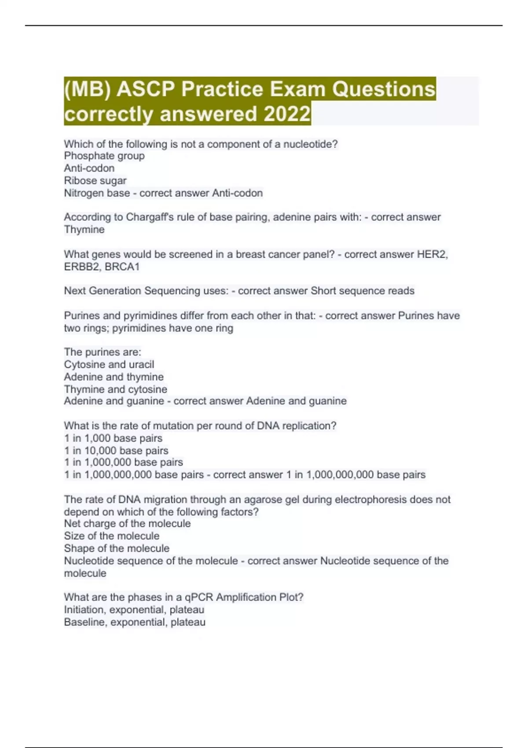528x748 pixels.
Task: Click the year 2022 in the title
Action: pos(287,114)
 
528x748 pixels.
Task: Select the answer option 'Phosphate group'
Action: pos(104,156)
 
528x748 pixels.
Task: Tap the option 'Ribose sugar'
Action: pos(95,180)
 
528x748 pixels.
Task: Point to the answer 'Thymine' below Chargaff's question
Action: pos(84,229)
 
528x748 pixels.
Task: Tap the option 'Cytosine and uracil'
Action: pos(109,364)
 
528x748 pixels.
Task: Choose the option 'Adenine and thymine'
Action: pos(114,377)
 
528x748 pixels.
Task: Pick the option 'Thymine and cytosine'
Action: pos(115,389)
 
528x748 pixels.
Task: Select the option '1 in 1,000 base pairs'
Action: pos(113,438)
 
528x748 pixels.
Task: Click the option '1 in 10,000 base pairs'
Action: pos(116,451)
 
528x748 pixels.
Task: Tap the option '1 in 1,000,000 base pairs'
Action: pos(123,462)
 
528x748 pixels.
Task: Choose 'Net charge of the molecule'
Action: pos(127,524)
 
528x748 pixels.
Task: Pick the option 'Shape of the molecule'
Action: pos(117,548)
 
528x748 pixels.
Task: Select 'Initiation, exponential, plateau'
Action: pos(134,609)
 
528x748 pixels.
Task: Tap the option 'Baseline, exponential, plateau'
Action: pos(135,622)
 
